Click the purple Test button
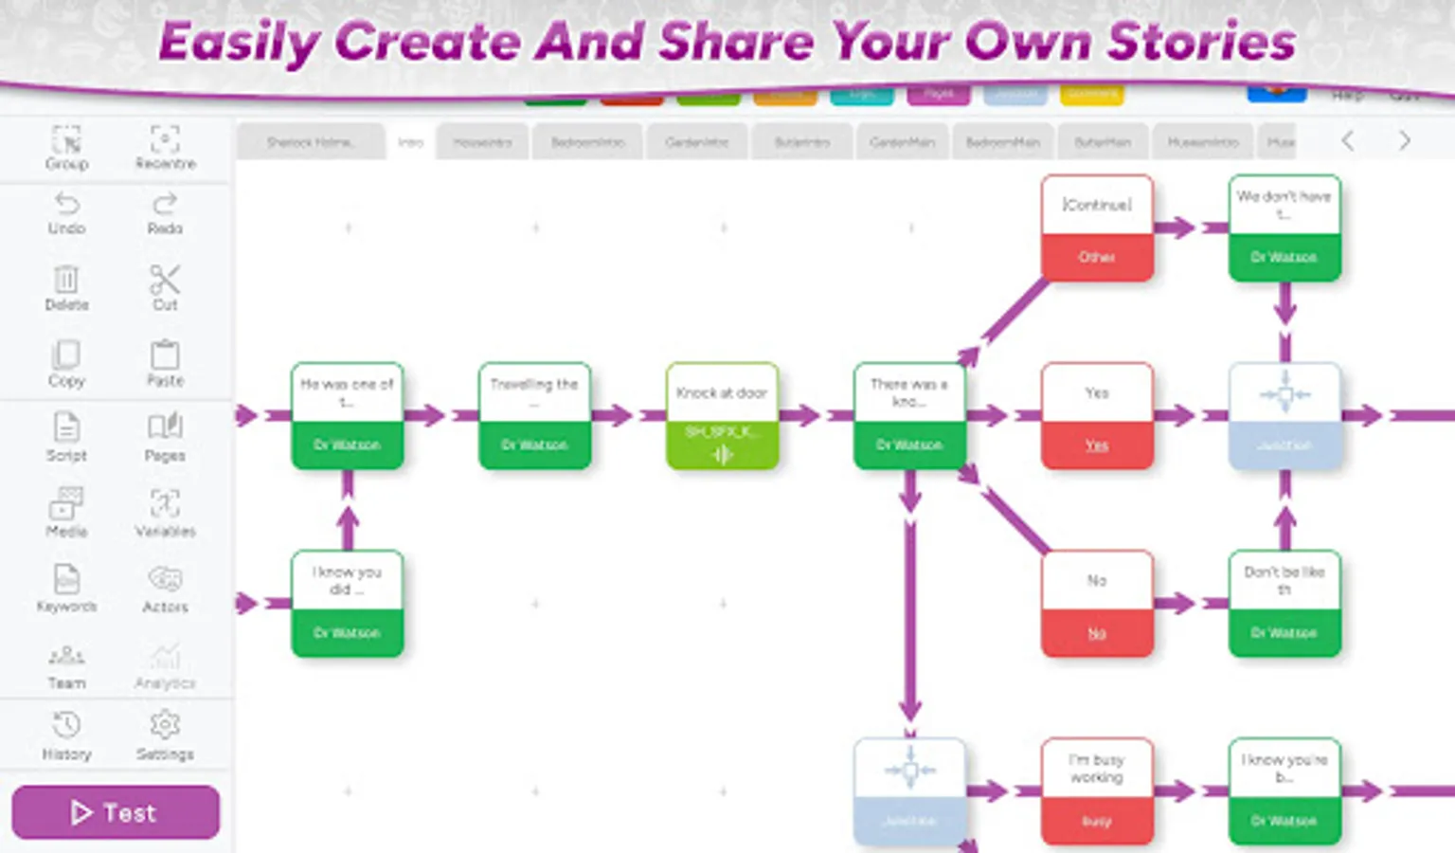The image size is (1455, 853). (116, 812)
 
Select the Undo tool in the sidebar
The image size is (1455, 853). (66, 212)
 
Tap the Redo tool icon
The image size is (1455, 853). (165, 212)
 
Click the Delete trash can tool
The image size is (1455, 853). (66, 287)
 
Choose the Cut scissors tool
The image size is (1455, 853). (165, 287)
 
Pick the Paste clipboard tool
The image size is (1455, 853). (165, 363)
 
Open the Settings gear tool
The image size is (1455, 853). (165, 735)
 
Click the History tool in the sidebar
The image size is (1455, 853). (66, 735)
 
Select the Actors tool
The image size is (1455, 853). (165, 589)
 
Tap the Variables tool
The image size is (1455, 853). (165, 513)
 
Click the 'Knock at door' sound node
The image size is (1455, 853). (722, 416)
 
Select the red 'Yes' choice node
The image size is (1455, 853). (1097, 416)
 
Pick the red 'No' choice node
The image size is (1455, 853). (1097, 604)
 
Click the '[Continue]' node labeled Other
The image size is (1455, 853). (1097, 228)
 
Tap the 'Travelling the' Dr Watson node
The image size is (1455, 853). (535, 416)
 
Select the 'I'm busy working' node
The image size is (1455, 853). (1097, 791)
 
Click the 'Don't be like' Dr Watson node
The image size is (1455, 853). (1284, 604)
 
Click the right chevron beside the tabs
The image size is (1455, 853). (1404, 141)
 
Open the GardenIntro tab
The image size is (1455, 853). (697, 142)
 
